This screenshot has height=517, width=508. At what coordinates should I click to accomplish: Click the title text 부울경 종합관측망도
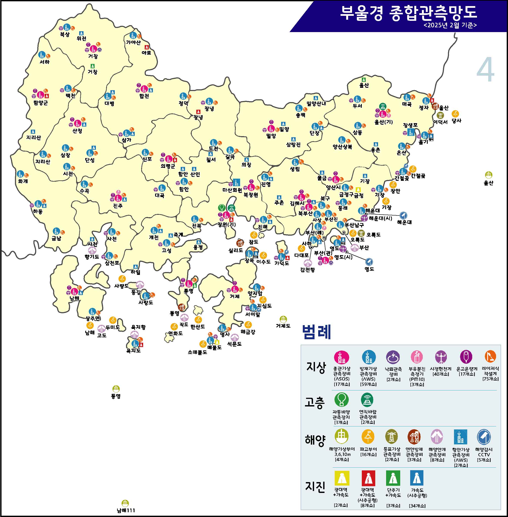408,13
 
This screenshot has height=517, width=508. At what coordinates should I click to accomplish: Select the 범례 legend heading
316,332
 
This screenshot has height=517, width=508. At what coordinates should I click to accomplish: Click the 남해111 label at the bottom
126,510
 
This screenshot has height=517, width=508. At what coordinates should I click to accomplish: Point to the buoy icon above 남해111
125,503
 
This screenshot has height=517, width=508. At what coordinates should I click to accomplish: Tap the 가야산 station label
133,42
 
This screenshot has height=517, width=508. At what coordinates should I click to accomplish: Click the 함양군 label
41,103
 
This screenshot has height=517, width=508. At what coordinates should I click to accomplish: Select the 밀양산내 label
316,103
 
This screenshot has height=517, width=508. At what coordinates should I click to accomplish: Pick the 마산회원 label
232,190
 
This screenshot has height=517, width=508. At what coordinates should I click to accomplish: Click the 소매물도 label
197,352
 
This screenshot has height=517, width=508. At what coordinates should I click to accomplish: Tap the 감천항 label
307,270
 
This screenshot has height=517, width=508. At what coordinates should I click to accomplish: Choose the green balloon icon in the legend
341,400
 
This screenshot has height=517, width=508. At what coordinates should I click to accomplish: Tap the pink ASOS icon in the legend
341,357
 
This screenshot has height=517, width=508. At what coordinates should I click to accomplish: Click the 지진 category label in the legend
315,486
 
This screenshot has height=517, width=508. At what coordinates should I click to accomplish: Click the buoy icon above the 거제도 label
283,319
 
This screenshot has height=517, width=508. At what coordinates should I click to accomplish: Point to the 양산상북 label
342,147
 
